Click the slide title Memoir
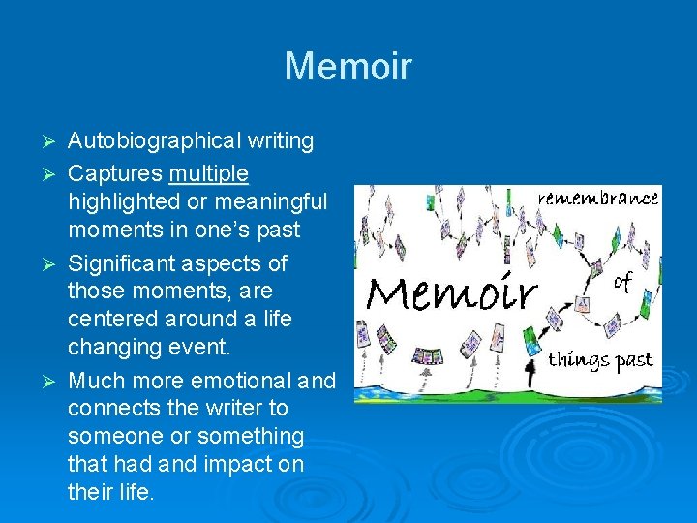(348, 67)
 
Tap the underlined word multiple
(209, 173)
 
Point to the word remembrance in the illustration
(598, 198)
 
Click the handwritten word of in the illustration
(624, 282)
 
